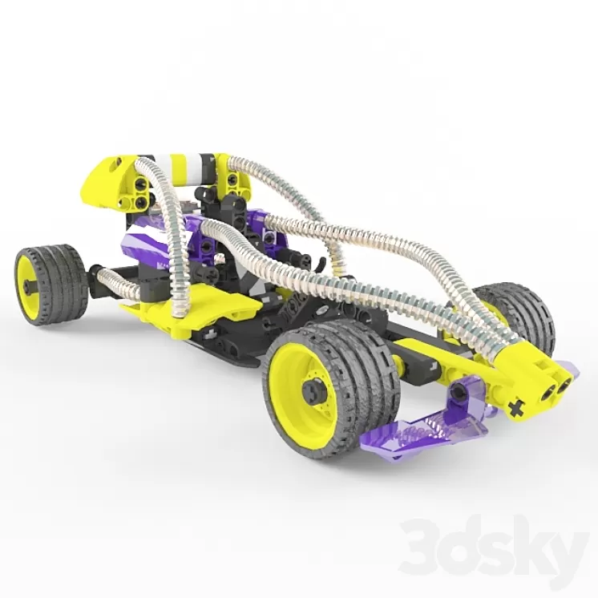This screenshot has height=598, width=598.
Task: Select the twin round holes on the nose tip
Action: point(558,388)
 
